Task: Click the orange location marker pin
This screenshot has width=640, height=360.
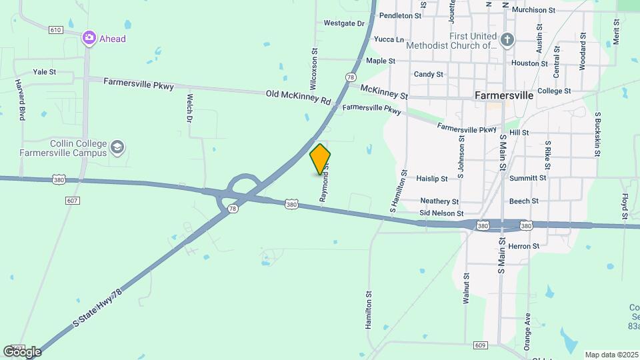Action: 320,159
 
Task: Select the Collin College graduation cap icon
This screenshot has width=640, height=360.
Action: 117,147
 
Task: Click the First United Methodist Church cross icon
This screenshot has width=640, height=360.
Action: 507,41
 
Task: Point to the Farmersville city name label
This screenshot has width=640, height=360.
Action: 504,95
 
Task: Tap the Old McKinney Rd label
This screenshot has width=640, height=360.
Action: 298,97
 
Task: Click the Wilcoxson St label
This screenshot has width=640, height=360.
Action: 313,67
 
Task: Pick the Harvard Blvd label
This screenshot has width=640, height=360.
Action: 21,100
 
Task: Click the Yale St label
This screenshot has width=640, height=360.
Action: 44,72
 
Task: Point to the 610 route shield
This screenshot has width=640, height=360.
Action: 55,30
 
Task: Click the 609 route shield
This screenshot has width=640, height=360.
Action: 480,345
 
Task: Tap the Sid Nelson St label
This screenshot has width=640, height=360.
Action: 441,213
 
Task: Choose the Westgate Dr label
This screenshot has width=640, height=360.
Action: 344,23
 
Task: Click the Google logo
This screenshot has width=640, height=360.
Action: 22,351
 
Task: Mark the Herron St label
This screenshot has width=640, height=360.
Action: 523,247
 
